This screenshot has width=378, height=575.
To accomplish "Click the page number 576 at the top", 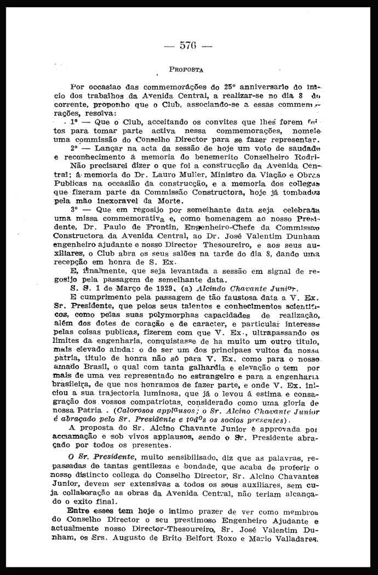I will [x=188, y=45].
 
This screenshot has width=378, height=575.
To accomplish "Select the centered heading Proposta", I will [x=186, y=70].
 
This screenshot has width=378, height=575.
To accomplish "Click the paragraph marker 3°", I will [x=75, y=209].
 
